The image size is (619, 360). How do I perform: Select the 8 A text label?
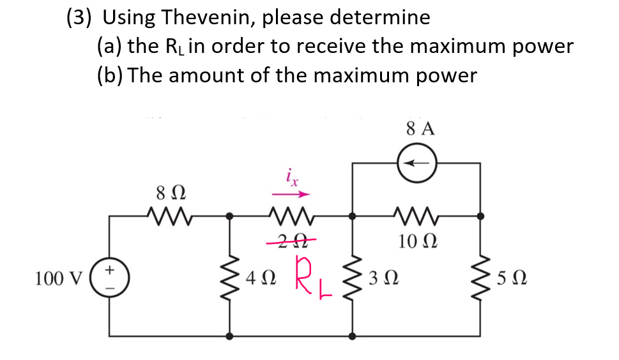tap(420, 128)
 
